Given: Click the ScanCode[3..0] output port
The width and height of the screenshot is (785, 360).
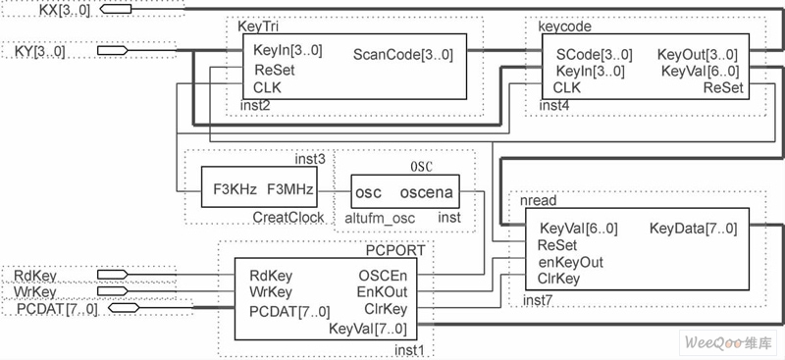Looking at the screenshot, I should pyautogui.click(x=402, y=55).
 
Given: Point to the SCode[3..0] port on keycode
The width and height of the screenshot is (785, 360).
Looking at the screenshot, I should pyautogui.click(x=594, y=55).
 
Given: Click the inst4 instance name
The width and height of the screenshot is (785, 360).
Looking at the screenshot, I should pyautogui.click(x=554, y=104).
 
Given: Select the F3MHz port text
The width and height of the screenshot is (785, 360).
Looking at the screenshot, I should pyautogui.click(x=290, y=188).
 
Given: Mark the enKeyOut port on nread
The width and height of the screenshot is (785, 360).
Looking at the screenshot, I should pyautogui.click(x=571, y=262).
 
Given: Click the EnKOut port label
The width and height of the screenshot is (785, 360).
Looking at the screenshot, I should pyautogui.click(x=382, y=292).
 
